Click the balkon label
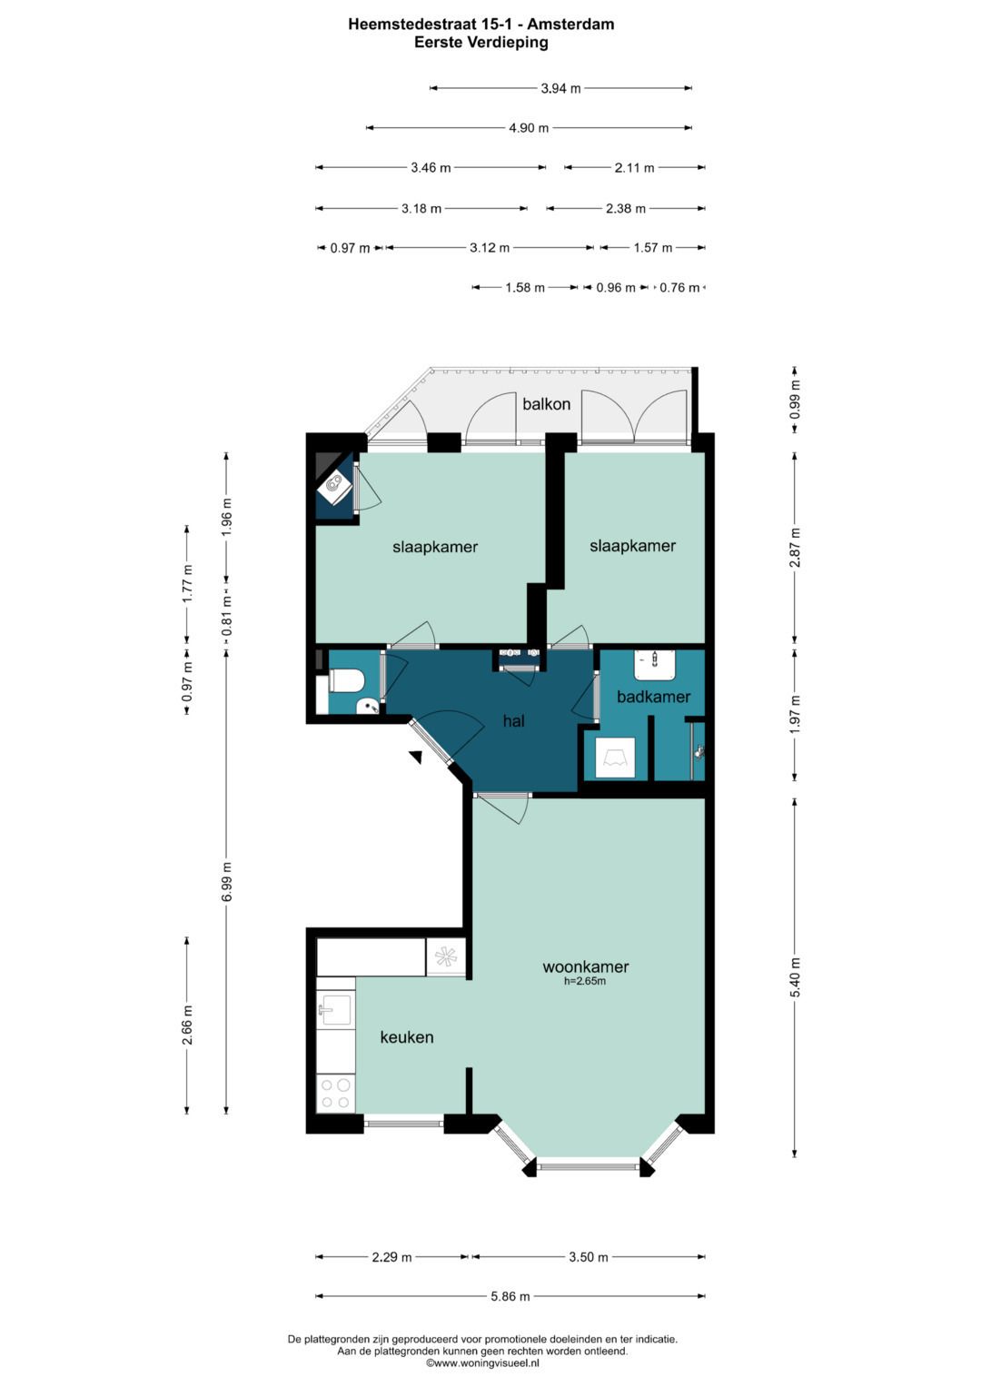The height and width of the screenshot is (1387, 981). tap(546, 404)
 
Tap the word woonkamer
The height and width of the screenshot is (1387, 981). tap(585, 966)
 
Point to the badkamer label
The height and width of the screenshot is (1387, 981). tap(653, 697)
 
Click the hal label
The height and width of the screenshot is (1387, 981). tap(514, 720)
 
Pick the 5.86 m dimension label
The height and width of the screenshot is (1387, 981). tap(510, 1296)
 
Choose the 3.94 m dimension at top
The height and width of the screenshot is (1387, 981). tap(561, 88)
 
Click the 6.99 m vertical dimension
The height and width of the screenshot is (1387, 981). tap(226, 882)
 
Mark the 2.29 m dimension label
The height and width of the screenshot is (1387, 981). tap(392, 1257)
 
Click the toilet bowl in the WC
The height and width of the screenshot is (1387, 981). tap(345, 682)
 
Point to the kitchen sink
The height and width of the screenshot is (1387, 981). tap(334, 1010)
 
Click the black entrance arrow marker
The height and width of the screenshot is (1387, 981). tap(416, 757)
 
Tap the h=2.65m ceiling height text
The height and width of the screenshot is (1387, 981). tap(585, 981)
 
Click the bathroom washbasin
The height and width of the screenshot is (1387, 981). tap(655, 665)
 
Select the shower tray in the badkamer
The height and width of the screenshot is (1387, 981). tap(615, 758)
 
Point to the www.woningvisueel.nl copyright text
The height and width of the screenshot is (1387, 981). tap(482, 1362)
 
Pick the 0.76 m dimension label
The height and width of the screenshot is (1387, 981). tap(679, 287)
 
